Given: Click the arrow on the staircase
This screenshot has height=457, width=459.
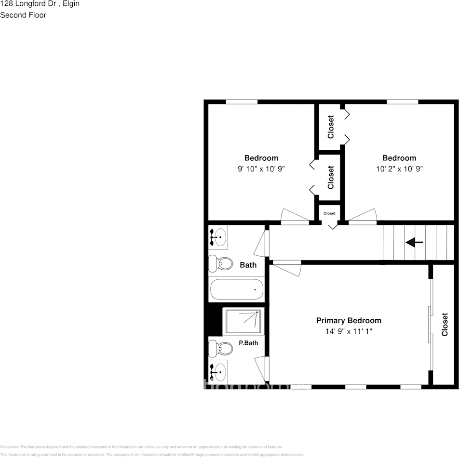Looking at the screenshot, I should click(414, 243).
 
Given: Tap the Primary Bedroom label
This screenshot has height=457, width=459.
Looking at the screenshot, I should click(349, 320).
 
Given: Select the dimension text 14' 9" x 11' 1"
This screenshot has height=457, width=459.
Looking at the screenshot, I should click(349, 331).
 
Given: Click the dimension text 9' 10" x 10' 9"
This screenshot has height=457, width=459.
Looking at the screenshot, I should click(261, 169).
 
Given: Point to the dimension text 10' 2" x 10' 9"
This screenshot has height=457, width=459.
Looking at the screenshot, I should click(399, 169).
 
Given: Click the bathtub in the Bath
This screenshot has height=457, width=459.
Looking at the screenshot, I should click(237, 290).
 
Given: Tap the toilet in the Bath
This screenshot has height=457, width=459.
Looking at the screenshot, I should click(219, 264).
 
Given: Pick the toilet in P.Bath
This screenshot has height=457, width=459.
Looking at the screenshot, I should click(219, 348).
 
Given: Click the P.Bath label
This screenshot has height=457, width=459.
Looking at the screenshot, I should click(248, 343).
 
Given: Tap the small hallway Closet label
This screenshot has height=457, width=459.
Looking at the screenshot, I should click(329, 213).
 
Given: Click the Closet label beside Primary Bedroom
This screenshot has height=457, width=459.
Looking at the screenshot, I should click(445, 325).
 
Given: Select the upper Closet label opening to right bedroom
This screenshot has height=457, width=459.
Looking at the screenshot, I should click(331, 127).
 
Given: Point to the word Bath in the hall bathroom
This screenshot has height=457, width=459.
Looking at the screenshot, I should click(248, 265).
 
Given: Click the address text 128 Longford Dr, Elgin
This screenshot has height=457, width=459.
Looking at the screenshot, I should click(40, 4).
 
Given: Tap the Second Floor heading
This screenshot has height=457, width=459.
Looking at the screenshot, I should click(23, 15).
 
